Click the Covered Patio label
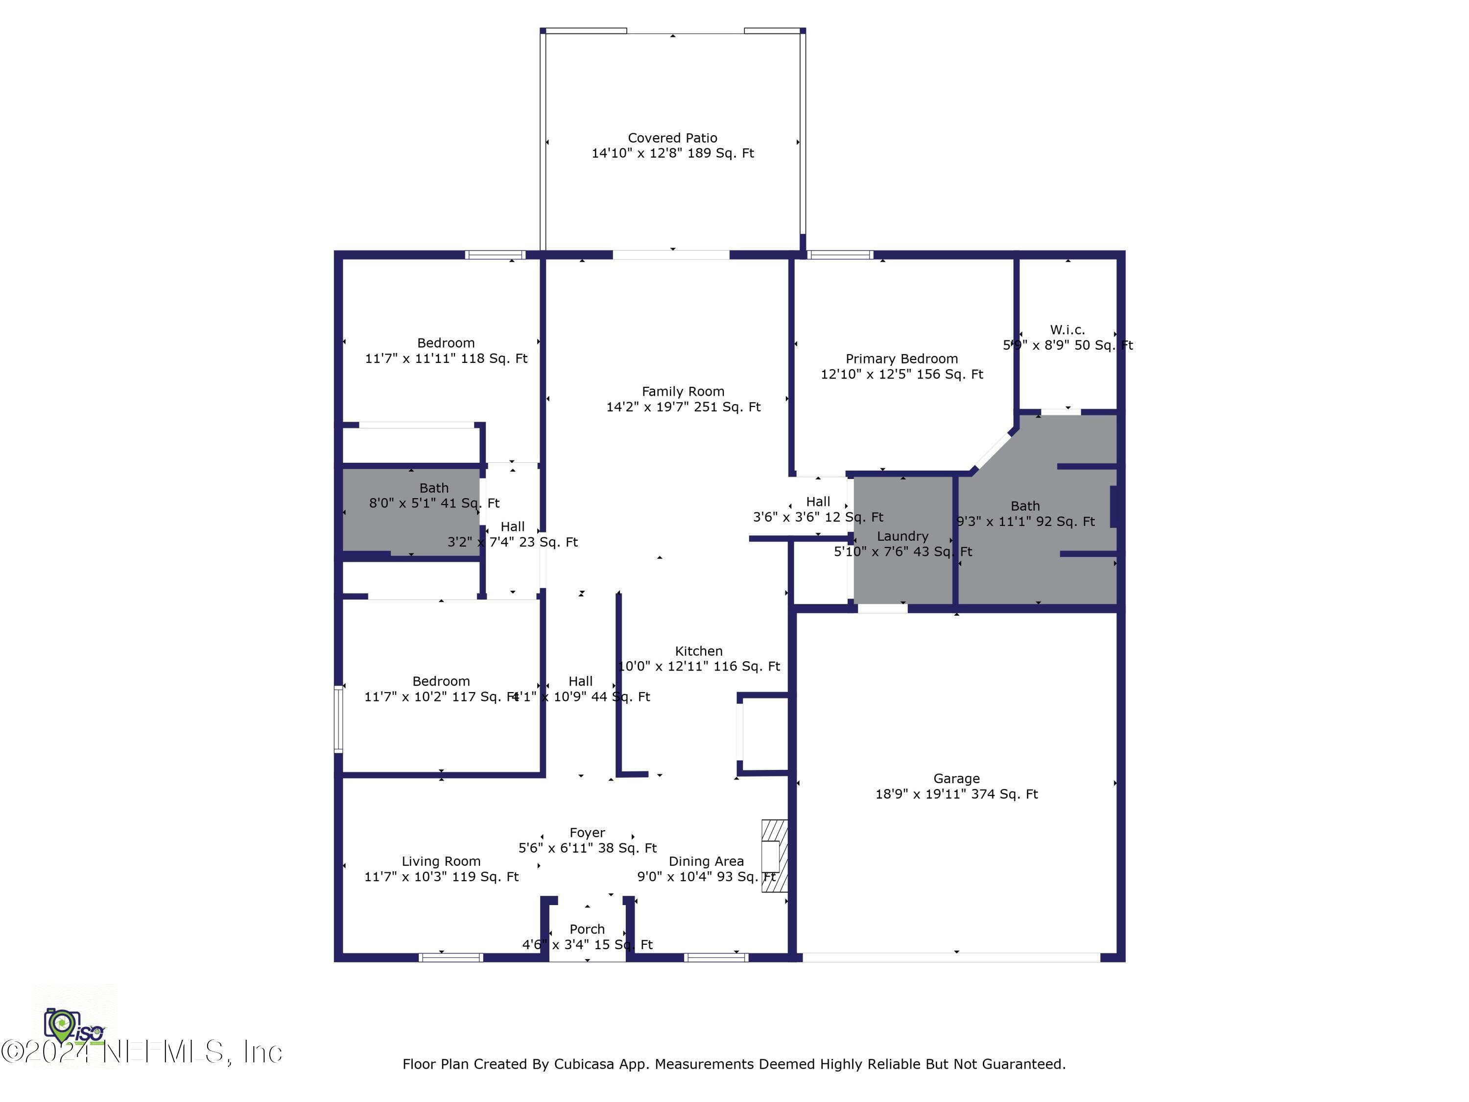coord(672,138)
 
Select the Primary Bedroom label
coord(901,359)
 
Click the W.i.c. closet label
coord(1067,330)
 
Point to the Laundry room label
coord(902,536)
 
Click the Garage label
coord(956,779)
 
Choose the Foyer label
coord(587,832)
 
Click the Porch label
coord(587,929)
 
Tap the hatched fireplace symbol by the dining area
coord(774,856)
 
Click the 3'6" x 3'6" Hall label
coord(818,502)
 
